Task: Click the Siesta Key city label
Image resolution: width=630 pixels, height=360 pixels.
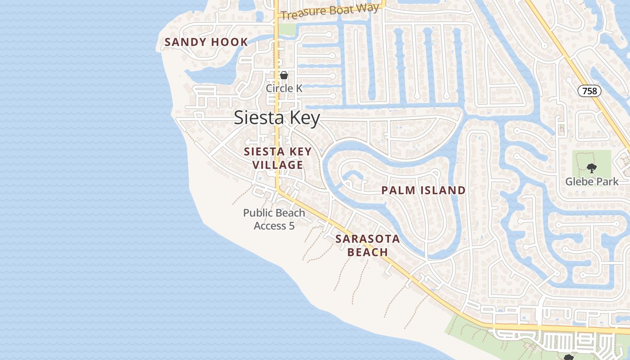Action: [277, 118]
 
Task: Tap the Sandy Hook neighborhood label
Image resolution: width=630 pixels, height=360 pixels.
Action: [206, 42]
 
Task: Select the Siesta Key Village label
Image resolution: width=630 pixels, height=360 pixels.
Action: [278, 158]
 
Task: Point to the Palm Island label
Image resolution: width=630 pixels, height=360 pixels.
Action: [423, 190]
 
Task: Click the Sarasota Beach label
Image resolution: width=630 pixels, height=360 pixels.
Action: [368, 245]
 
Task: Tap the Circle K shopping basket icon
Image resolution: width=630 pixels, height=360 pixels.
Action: [284, 75]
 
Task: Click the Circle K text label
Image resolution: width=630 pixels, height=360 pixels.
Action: [284, 88]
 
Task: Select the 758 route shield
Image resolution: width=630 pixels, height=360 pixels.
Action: [589, 91]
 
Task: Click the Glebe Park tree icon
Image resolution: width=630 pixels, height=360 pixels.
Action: [592, 169]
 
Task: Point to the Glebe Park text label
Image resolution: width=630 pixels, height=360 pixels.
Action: [592, 182]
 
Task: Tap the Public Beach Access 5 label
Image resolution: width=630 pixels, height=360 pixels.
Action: [274, 219]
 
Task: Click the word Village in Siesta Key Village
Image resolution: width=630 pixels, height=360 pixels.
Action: [278, 165]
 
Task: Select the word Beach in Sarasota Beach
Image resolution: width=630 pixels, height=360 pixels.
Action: [368, 252]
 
